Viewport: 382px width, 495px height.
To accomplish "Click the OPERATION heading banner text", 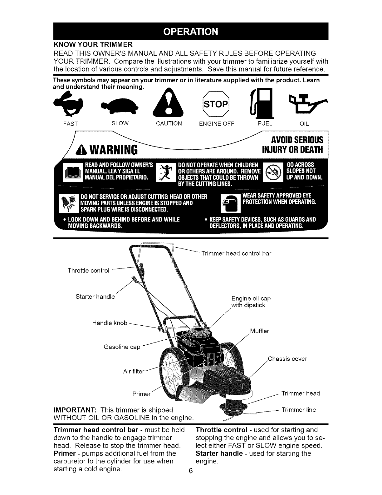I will (x=191, y=32).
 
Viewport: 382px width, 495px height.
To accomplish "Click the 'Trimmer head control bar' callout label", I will (x=236, y=253).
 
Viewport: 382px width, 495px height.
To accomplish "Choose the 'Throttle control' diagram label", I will (x=88, y=271).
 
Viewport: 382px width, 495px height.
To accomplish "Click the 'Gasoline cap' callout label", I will (x=122, y=347).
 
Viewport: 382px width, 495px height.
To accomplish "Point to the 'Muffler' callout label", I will (x=259, y=331).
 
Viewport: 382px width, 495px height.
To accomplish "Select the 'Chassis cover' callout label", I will (x=287, y=359).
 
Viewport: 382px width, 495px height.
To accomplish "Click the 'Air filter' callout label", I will (x=134, y=372).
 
